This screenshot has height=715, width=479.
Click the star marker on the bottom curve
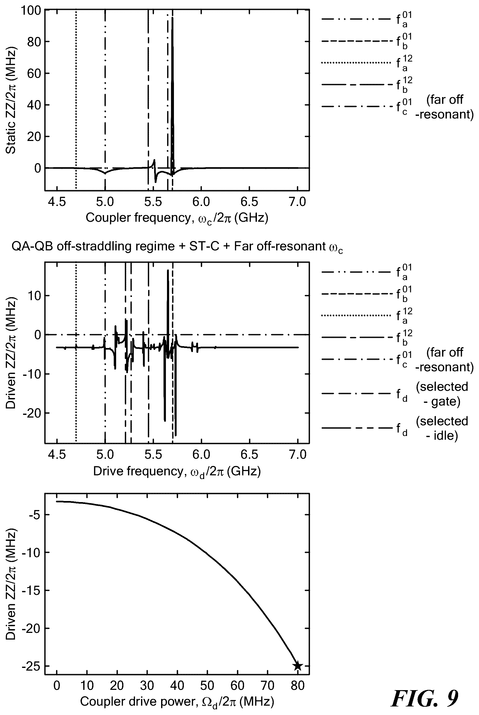click(298, 666)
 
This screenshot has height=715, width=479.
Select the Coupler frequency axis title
click(177, 218)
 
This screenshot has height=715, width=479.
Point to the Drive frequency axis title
click(177, 471)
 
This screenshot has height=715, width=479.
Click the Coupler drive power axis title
click(177, 702)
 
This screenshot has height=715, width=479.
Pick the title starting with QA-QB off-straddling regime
click(177, 246)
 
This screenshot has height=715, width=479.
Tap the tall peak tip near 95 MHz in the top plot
click(173, 18)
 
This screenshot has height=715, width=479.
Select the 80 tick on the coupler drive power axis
click(298, 685)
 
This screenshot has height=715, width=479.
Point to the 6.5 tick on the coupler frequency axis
click(249, 202)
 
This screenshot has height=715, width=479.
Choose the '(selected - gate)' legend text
click(442, 394)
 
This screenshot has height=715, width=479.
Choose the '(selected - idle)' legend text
click(442, 428)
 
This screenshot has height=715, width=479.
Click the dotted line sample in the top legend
click(356, 63)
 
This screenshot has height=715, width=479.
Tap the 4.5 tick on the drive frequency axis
click(57, 455)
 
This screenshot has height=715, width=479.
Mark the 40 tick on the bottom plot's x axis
click(177, 685)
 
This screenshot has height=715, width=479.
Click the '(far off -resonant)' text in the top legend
click(444, 107)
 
